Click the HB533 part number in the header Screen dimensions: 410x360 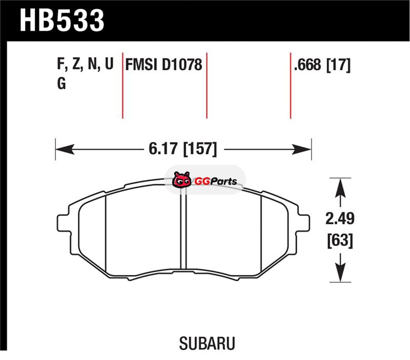[62, 20]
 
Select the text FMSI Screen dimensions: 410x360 [141, 65]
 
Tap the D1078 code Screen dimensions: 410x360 [182, 65]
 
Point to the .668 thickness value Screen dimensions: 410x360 [307, 65]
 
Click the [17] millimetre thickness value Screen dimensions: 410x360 [338, 65]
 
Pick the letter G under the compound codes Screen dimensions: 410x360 [61, 84]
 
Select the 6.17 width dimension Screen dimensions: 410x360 [163, 149]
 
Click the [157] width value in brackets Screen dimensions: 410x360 [200, 149]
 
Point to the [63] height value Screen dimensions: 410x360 [340, 240]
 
